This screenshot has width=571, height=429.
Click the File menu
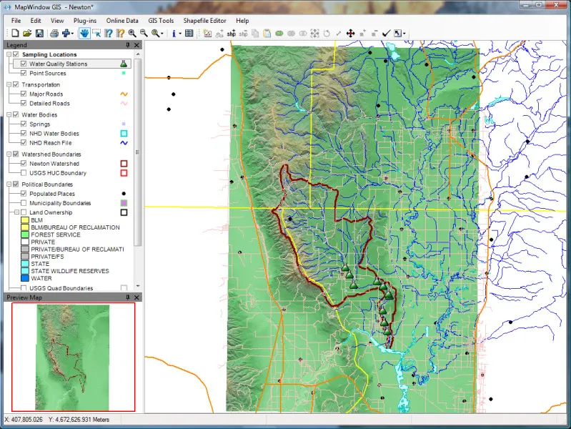[x=16, y=21]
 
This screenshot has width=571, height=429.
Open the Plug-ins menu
[x=84, y=21]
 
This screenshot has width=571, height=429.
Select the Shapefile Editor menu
[x=204, y=21]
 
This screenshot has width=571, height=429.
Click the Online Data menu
[x=121, y=21]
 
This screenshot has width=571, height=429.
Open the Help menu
[x=242, y=21]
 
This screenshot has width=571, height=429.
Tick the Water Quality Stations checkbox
[x=24, y=64]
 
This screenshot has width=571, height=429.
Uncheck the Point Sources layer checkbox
[x=24, y=73]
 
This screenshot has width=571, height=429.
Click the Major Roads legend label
[x=46, y=94]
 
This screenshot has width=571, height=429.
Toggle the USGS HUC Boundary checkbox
[x=24, y=173]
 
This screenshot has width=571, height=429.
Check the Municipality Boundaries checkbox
[x=24, y=203]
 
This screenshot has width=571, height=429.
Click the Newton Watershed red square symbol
[x=124, y=164]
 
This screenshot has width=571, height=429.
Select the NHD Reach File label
[x=50, y=143]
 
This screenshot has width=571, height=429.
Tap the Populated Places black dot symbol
[x=124, y=194]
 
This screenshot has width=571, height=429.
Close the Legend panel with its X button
[x=138, y=45]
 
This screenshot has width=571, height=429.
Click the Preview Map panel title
[x=24, y=297]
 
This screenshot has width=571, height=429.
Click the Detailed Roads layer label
[x=49, y=104]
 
